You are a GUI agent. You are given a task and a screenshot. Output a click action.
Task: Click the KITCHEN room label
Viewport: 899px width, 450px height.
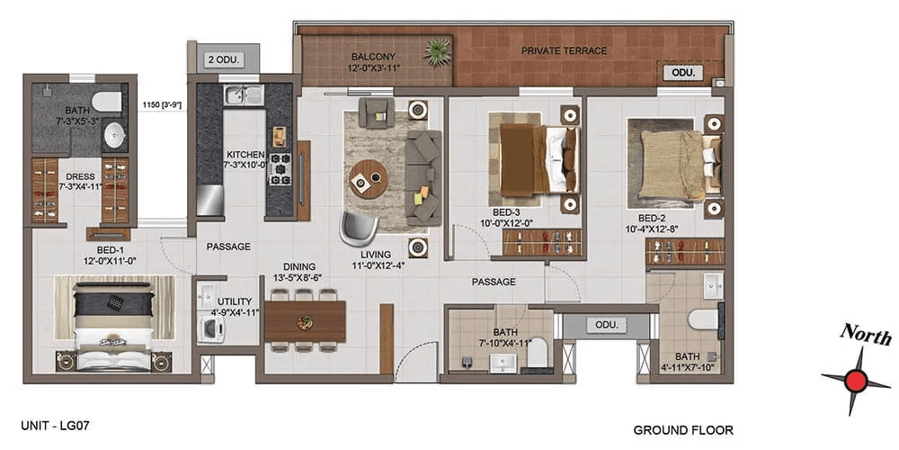click(x=245, y=155)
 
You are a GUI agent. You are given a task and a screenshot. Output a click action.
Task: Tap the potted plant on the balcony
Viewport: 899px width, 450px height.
click(x=438, y=52)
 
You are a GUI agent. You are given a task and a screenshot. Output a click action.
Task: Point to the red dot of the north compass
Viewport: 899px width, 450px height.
click(x=856, y=380)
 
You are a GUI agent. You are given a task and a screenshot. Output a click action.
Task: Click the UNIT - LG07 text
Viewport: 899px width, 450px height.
click(x=56, y=426)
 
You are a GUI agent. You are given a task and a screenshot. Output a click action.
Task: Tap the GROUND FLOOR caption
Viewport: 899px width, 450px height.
click(x=683, y=430)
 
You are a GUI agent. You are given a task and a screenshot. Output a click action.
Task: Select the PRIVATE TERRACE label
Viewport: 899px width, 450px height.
click(x=565, y=51)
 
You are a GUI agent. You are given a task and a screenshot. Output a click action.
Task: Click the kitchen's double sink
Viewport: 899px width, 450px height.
click(x=245, y=94)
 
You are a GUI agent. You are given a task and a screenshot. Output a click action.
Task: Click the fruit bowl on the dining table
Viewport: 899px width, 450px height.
click(x=304, y=321)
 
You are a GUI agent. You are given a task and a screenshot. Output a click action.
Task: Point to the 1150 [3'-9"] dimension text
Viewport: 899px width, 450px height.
click(x=164, y=105)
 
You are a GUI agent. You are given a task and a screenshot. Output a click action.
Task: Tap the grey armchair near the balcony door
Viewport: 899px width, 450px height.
click(x=376, y=112)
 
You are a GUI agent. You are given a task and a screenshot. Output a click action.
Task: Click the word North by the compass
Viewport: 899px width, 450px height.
click(x=866, y=335)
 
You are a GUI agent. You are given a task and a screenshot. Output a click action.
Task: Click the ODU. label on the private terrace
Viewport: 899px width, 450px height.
click(x=683, y=73)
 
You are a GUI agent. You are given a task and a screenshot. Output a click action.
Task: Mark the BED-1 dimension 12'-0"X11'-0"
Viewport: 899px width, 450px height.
click(x=112, y=261)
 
